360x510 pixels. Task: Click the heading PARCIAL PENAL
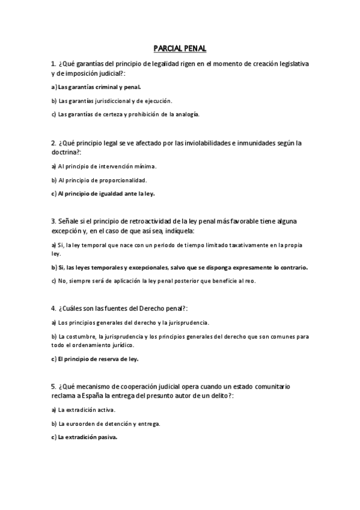(x=180, y=48)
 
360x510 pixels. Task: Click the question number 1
(x=53, y=64)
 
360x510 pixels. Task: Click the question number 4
(x=53, y=309)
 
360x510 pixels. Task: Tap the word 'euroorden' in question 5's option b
(x=81, y=424)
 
